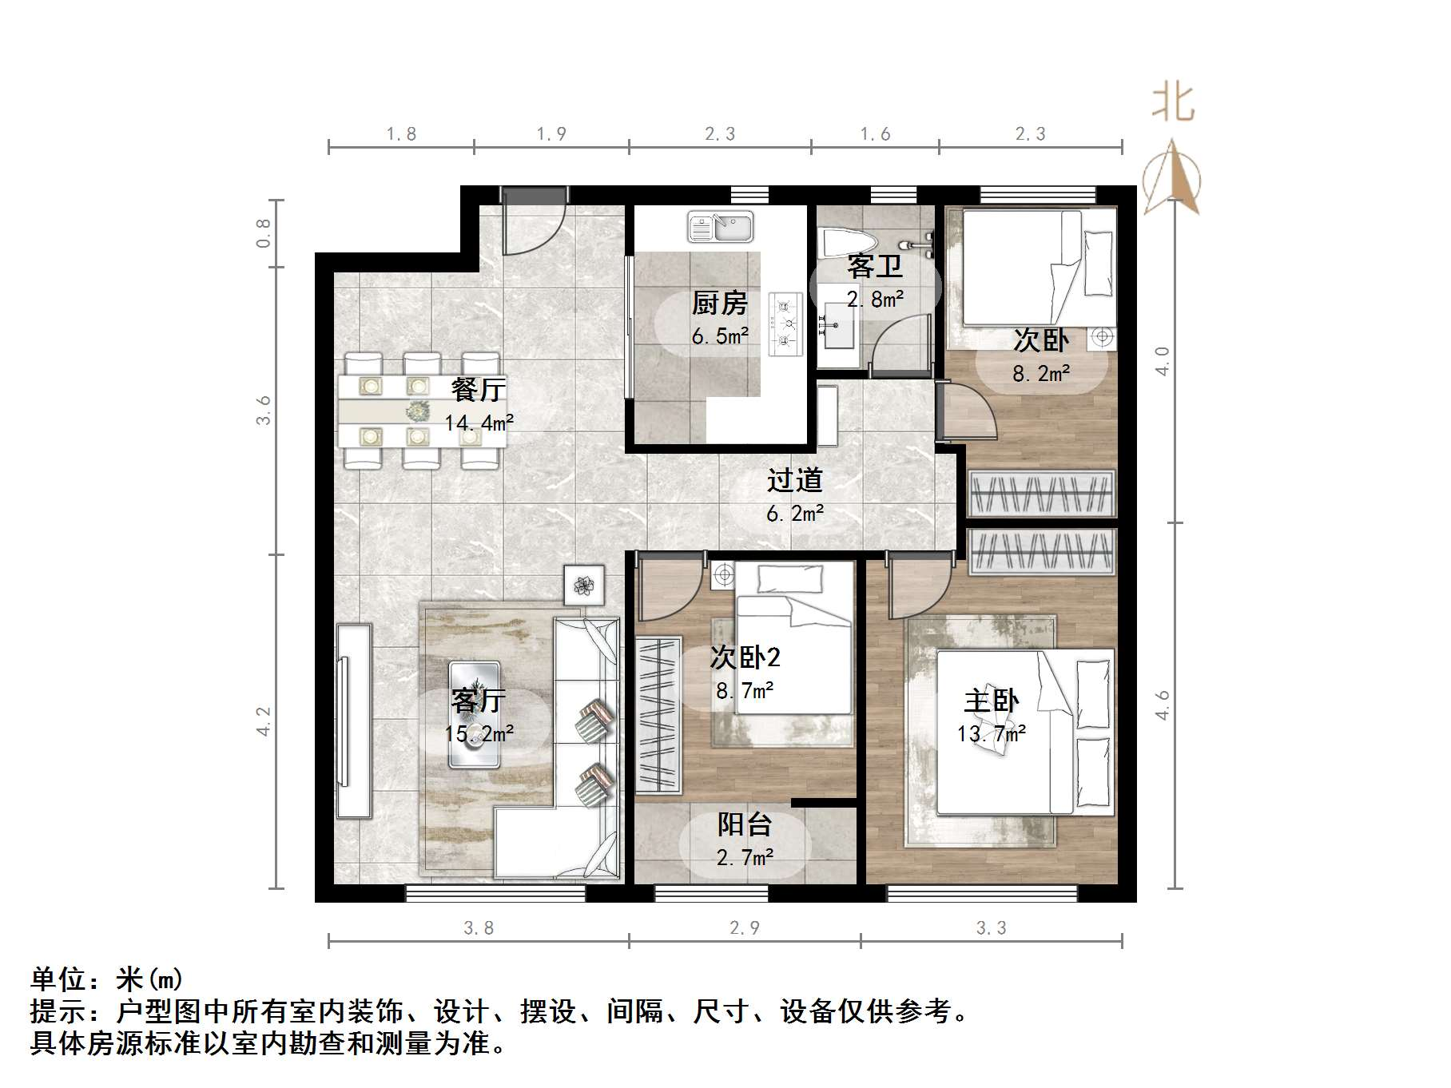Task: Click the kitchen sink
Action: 721,227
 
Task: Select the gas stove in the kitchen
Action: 785,324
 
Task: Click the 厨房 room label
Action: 719,304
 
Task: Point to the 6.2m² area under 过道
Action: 794,514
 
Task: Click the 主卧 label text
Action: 991,701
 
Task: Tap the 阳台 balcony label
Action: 744,824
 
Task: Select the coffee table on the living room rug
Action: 475,714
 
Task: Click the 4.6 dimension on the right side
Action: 1163,705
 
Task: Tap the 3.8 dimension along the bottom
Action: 479,928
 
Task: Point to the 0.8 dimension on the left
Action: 264,232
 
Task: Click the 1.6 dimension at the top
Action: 875,134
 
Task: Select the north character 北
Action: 1173,104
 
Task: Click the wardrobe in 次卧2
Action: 658,714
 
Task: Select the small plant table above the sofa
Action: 584,585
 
